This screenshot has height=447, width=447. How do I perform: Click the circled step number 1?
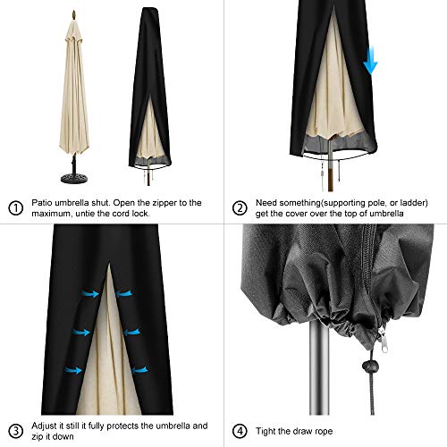pos(14,208)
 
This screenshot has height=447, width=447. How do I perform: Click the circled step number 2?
pos(239,208)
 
